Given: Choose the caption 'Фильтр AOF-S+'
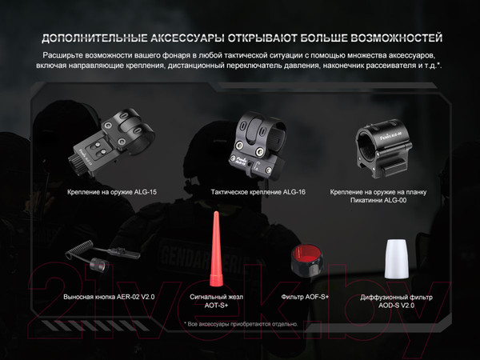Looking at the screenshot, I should click(x=306, y=296).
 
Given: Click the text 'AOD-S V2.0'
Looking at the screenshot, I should click(x=397, y=306).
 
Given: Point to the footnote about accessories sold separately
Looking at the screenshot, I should click(x=240, y=324).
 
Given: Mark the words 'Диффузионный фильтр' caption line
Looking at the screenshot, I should click(x=397, y=298).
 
